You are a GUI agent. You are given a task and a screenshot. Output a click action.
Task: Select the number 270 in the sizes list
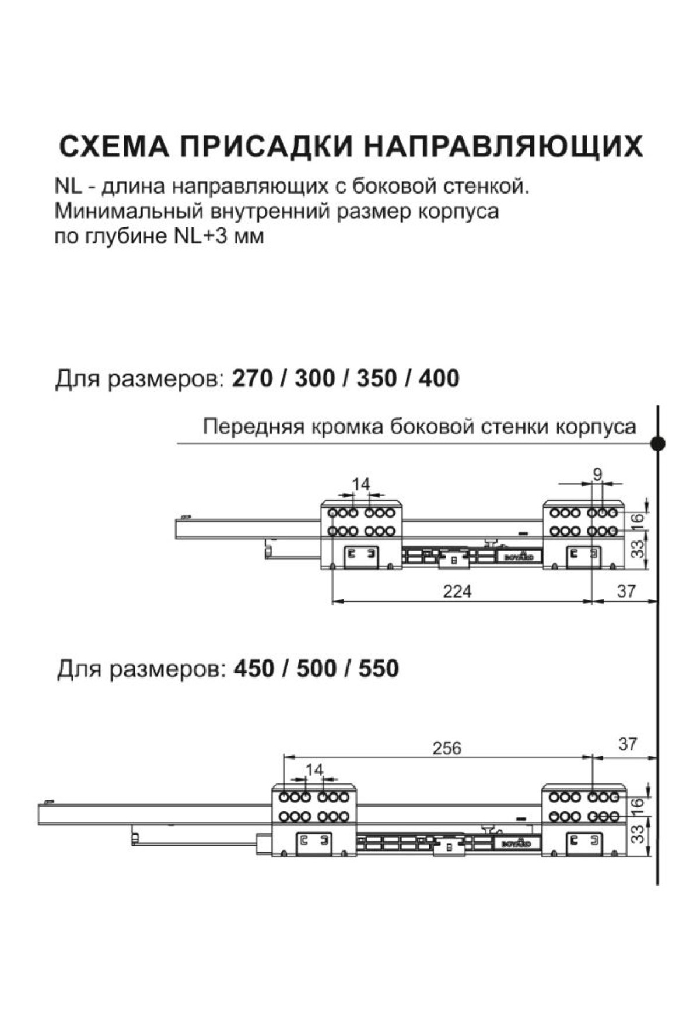252,379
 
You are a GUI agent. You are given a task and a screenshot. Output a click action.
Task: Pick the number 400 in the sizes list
439,379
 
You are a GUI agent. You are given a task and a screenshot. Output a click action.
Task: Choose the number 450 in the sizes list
253,669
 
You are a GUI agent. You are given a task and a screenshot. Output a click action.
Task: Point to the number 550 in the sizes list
379,669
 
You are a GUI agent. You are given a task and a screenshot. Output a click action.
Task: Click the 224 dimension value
457,591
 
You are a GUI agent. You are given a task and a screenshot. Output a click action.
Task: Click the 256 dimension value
446,748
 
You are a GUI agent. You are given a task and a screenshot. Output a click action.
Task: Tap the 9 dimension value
597,475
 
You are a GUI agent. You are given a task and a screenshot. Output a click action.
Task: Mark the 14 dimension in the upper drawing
361,483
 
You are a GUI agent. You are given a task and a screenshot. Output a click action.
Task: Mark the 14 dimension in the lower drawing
314,770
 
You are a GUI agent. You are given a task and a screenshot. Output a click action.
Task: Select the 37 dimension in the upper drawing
626,591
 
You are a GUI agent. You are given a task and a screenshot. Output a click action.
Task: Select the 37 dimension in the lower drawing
628,744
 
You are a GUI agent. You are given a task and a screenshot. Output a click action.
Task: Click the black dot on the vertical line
658,444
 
